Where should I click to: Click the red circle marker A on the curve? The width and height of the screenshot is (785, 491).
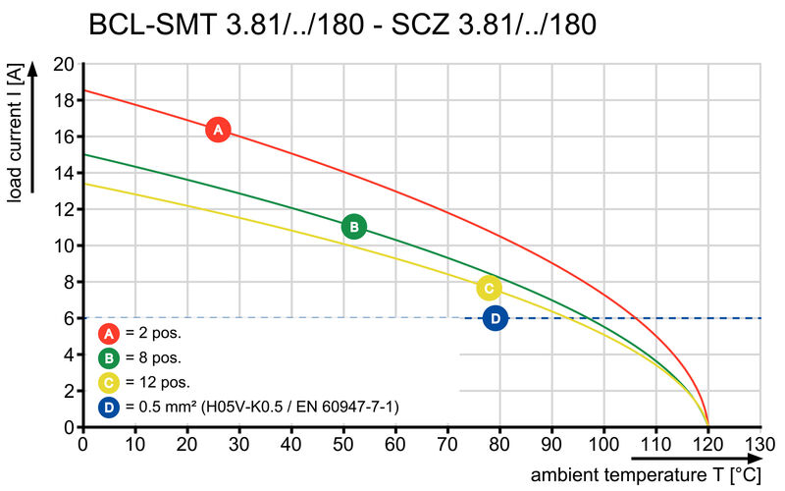[218, 130]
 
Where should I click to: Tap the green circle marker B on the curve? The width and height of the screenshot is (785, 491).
[353, 227]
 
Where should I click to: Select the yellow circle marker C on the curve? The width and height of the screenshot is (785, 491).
[489, 288]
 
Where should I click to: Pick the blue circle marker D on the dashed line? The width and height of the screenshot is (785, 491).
[496, 318]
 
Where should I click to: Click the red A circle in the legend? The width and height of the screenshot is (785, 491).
[110, 333]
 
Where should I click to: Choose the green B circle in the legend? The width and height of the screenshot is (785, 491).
[110, 357]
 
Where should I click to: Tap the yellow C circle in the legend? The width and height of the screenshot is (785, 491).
[110, 382]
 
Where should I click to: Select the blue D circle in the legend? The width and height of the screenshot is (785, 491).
[110, 407]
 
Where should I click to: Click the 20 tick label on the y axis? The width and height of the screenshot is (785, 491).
[64, 65]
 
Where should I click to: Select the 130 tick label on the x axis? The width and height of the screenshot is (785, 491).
[759, 445]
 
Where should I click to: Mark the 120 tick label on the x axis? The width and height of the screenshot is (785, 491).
[707, 445]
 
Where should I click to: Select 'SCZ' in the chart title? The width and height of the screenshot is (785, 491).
[420, 25]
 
